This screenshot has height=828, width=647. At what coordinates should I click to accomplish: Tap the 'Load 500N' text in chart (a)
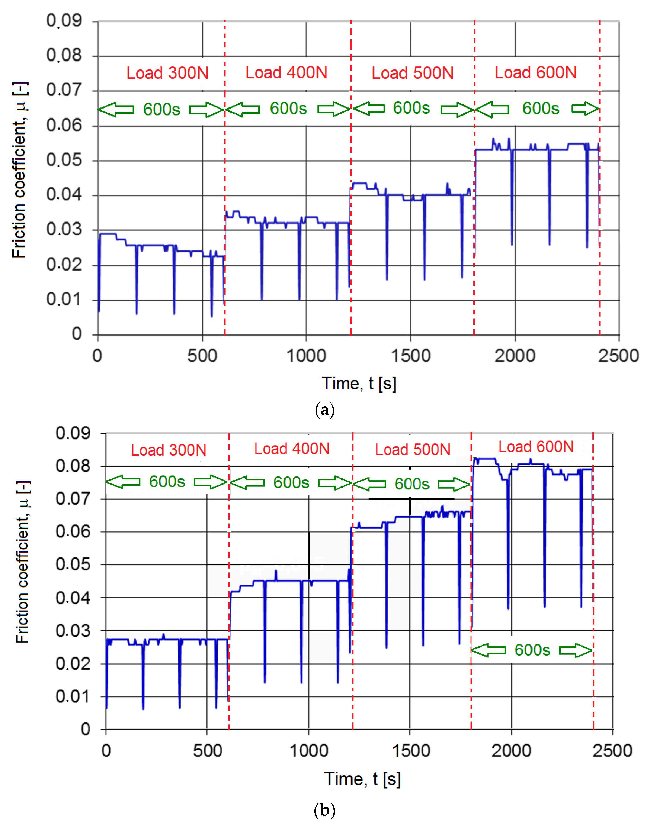point(413,73)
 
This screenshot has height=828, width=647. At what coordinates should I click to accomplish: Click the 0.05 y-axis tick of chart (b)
point(73,565)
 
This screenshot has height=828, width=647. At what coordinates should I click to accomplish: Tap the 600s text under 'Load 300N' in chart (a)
point(161,110)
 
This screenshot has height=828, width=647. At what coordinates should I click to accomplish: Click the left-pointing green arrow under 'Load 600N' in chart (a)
point(492,109)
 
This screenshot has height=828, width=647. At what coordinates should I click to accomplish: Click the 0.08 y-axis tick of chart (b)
point(73,466)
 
